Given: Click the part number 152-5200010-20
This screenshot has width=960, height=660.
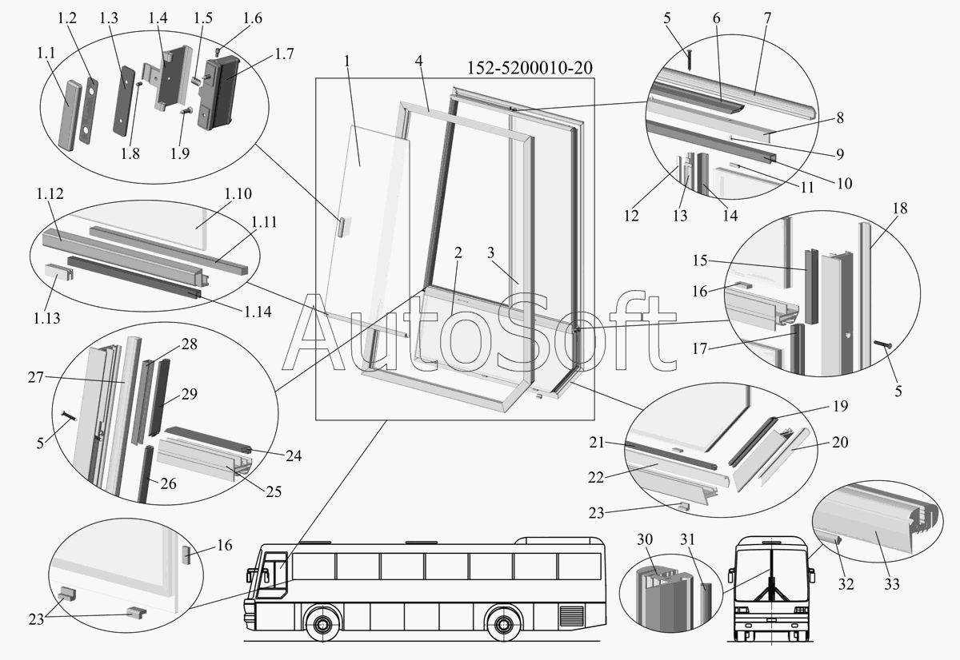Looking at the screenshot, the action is coord(530,68).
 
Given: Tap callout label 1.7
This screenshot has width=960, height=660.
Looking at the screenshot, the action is coord(284,54).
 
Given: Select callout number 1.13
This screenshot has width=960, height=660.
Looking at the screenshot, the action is coord(47,318).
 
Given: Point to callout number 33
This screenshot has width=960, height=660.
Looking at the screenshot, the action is coord(892,584).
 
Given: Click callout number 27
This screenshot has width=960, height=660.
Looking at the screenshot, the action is coord(36,377).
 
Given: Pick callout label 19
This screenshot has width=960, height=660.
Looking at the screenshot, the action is coord(841,406).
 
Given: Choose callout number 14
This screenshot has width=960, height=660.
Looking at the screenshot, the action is coord(730,215).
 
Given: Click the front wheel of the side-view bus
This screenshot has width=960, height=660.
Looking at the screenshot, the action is coord(321,625).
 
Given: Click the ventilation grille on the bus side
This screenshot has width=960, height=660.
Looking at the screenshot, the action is coord(572,616).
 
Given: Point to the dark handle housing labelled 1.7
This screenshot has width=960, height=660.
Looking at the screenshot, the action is coord(218,91).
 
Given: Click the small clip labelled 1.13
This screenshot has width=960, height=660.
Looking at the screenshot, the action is coord(58,272).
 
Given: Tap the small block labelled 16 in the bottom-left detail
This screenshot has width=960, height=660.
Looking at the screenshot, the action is coord(186,555).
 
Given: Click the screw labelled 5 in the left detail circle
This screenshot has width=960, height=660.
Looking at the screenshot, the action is coord(69,415).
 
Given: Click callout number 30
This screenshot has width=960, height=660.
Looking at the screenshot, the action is coord(645,539).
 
